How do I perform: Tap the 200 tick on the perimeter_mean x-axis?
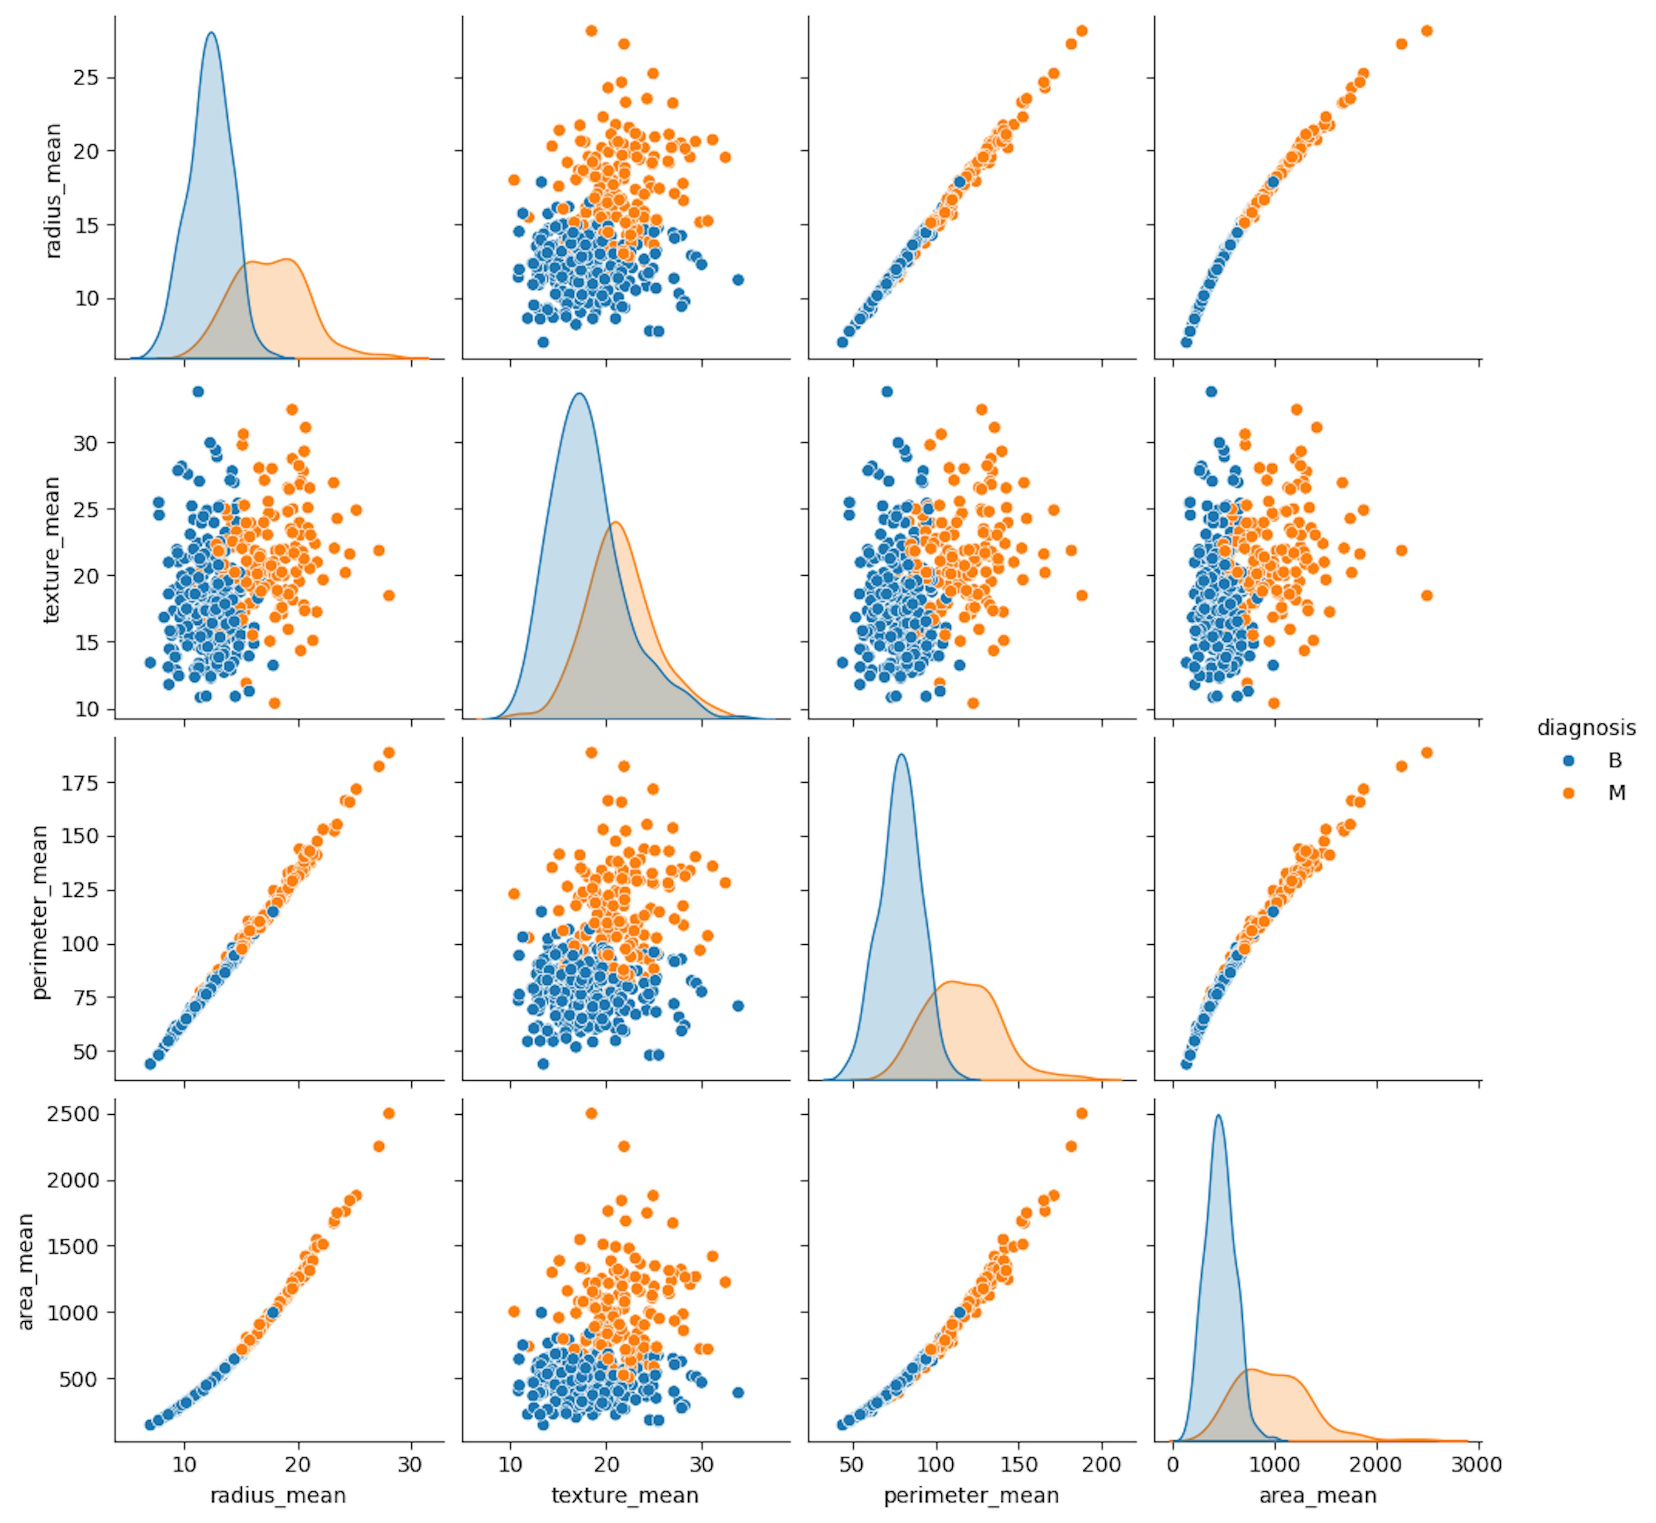tap(1101, 1464)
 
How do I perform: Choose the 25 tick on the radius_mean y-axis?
tap(86, 78)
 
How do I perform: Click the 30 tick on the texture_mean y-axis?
tap(86, 443)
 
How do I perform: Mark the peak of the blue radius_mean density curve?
tap(212, 33)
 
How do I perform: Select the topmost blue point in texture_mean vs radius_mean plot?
tap(198, 392)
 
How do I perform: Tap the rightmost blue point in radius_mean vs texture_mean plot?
tap(738, 279)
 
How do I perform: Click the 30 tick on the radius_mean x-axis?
tap(410, 1464)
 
